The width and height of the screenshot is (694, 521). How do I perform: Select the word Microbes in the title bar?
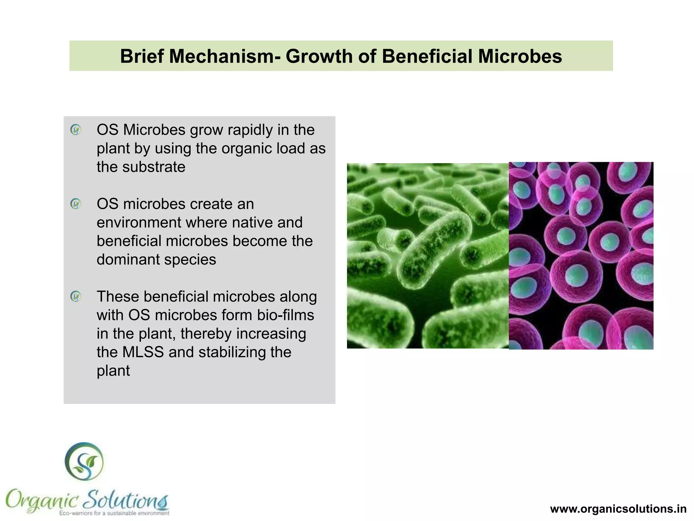[520, 56]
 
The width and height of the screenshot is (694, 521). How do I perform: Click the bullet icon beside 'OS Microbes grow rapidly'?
[76, 130]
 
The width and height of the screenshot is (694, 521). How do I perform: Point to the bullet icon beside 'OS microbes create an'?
[76, 204]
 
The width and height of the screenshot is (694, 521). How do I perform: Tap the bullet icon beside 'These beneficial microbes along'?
[76, 297]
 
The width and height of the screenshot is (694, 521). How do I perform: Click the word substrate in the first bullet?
[154, 167]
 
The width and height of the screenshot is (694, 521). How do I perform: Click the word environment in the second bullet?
[139, 223]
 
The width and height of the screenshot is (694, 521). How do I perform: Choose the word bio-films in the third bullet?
[286, 315]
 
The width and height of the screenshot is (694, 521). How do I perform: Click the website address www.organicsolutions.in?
[618, 509]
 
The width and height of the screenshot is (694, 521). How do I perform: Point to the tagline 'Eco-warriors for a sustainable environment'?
[114, 513]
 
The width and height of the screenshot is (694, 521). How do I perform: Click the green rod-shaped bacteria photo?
[428, 256]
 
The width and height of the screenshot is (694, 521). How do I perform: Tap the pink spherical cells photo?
[581, 256]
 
